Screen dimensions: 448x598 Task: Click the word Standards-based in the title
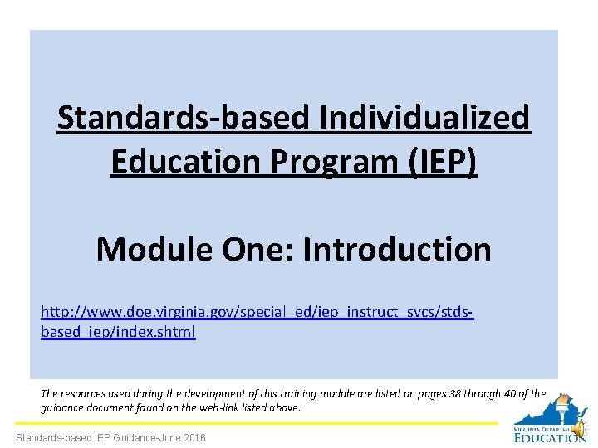pos(182,118)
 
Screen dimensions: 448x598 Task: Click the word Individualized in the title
pos(424,118)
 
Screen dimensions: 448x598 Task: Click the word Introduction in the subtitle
pos(397,249)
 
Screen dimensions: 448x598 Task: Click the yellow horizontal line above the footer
pos(249,424)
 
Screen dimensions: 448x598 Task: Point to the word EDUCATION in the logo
pos(549,437)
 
